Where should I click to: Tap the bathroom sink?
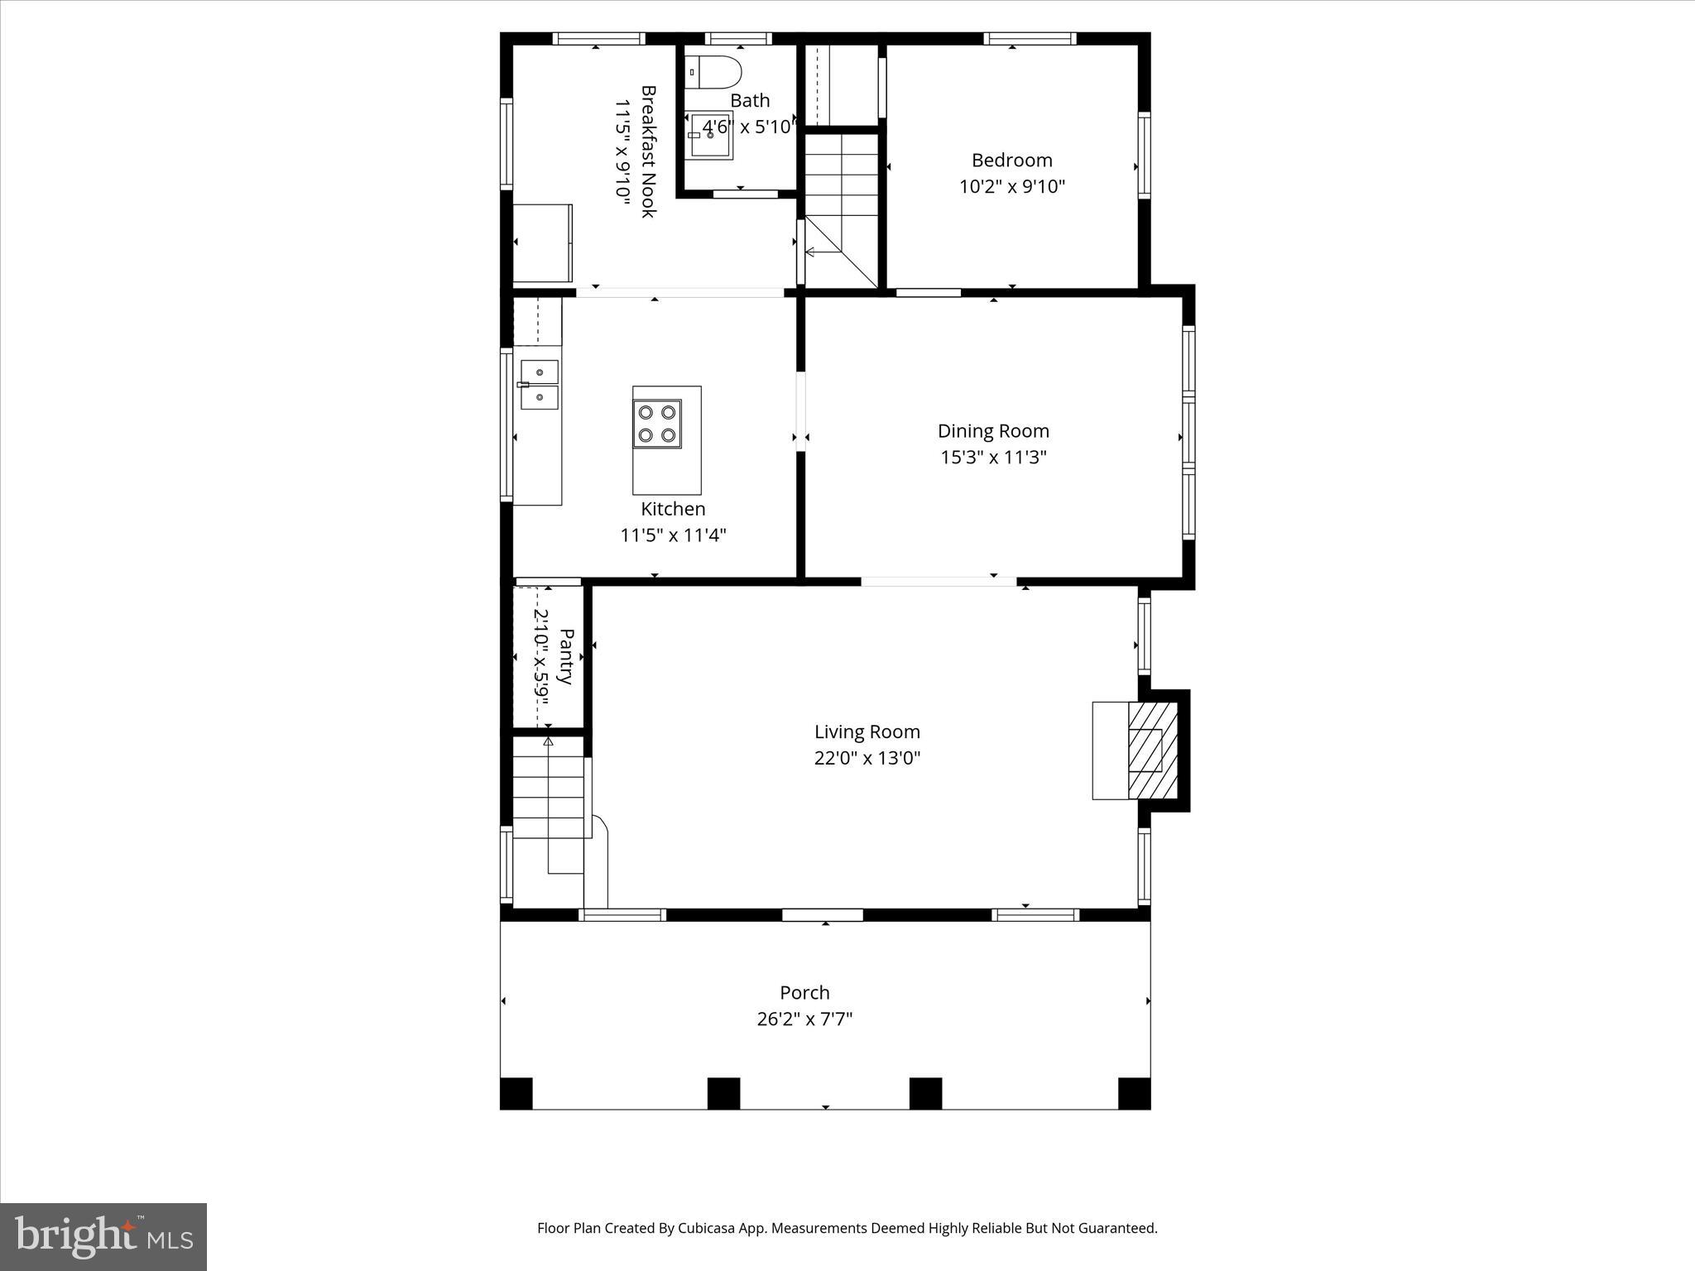coord(711,137)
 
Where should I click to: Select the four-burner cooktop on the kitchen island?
coord(657,424)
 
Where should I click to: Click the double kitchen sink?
coord(539,385)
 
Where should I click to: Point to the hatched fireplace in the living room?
coord(1154,750)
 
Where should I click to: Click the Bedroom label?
coord(1011,160)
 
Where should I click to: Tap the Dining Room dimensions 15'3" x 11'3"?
coord(993,457)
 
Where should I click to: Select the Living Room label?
coord(867,731)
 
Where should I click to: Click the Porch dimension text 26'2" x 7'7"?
coord(804,1019)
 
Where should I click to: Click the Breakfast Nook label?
coord(649,151)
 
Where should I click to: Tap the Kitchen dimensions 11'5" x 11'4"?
coord(673,535)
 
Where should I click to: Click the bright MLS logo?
coord(103,1236)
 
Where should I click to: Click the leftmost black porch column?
coord(516,1093)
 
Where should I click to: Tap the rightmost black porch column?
coord(1134,1093)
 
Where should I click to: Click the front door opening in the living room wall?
coord(823,914)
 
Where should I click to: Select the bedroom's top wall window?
coord(1030,38)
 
